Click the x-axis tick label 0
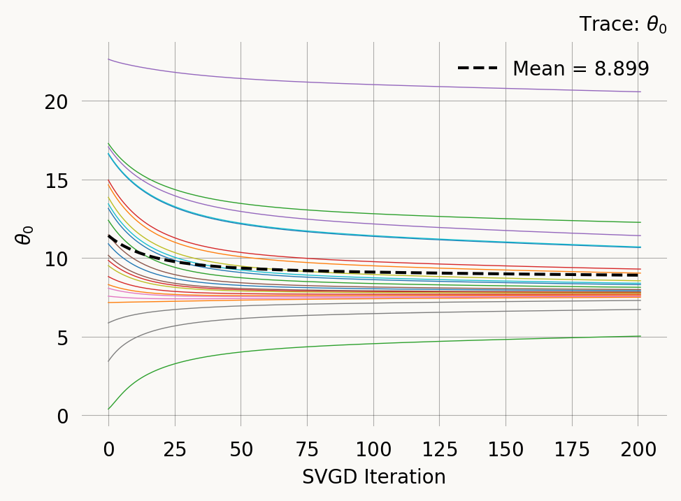pos(108,449)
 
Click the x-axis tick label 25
pos(175,449)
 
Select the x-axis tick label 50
pos(241,449)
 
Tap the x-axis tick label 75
pos(307,449)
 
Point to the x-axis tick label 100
pos(373,449)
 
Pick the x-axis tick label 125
pos(439,449)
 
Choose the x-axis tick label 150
pos(506,449)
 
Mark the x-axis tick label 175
pos(572,449)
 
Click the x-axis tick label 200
pos(638,449)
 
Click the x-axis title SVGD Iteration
pos(373,477)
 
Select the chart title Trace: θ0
pos(622,25)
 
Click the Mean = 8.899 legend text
pos(580,68)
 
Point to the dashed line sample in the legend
pos(478,68)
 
